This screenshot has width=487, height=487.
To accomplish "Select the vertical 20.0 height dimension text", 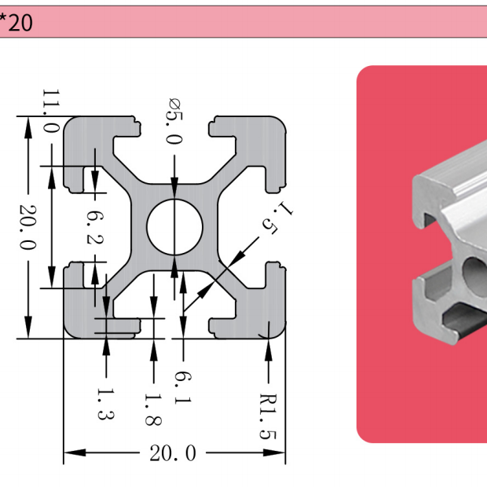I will coord(27,228).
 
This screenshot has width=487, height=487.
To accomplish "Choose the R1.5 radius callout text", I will coord(269,415).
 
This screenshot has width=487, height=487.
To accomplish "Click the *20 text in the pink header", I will coord(16,23).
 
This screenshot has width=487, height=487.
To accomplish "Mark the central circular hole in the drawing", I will coord(174,227).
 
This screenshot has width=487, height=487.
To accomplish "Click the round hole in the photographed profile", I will coord(474,271).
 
